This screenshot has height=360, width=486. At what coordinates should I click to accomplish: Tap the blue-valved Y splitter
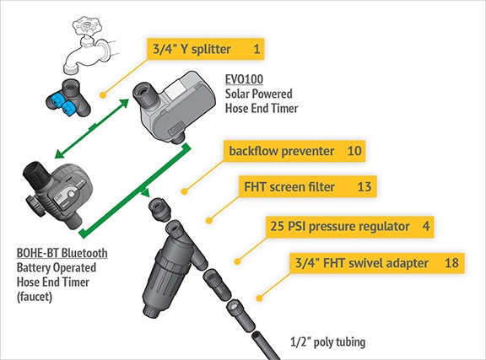point(68,98)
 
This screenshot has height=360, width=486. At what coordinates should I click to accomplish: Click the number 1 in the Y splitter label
point(256,49)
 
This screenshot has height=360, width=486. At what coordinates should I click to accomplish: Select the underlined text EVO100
point(244,79)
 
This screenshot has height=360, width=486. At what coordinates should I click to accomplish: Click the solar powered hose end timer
point(174,107)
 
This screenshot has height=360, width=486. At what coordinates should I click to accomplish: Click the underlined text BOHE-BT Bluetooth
point(62,253)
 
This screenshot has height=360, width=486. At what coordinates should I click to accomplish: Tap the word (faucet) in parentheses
point(35,297)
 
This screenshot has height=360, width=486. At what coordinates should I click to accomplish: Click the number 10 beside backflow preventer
point(354,151)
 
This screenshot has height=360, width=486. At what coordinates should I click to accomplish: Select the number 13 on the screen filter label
point(364,187)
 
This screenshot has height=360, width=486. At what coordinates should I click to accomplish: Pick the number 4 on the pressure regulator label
point(426,226)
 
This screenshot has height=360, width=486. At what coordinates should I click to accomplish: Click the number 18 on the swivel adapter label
point(451,263)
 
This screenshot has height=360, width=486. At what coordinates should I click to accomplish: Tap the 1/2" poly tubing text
point(328,342)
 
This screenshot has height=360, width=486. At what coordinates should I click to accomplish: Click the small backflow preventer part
point(159,209)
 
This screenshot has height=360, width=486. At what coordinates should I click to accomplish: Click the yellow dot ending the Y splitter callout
point(103,95)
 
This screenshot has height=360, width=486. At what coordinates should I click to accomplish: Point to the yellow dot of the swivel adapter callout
point(259,298)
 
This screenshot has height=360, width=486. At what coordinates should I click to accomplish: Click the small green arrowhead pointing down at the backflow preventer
point(145,193)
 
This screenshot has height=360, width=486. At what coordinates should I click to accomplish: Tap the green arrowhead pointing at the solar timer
point(124,103)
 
